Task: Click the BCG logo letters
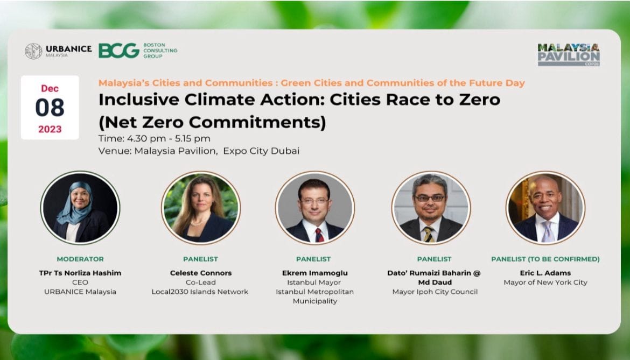[119, 51]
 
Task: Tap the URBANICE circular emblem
[33, 51]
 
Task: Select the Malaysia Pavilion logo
[569, 54]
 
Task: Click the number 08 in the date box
[50, 108]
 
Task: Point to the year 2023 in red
[50, 129]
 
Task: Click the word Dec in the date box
[50, 88]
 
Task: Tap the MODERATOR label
[80, 259]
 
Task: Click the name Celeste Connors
[200, 273]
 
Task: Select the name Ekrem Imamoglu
[315, 273]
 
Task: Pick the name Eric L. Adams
[545, 273]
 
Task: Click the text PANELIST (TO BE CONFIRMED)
[545, 259]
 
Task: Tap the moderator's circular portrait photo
[80, 208]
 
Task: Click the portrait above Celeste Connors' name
[200, 208]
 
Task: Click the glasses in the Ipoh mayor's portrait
[429, 197]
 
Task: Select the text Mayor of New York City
[545, 282]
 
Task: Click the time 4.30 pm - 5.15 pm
[169, 138]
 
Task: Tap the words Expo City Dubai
[261, 151]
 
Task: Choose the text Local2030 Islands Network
[200, 292]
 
